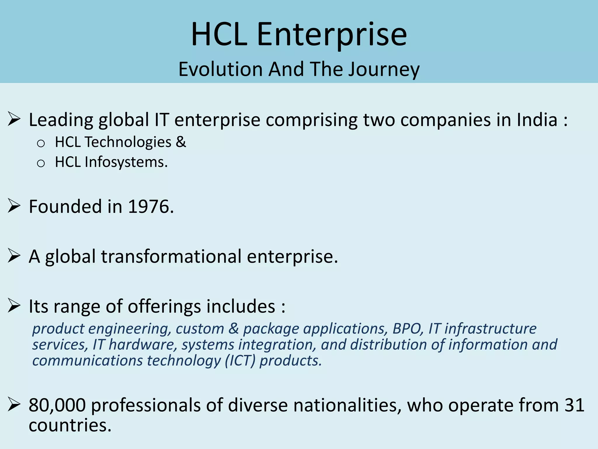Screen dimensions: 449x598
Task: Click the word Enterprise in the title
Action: coord(332,35)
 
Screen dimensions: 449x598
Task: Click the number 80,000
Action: coord(57,405)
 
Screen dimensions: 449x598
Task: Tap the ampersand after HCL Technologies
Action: coord(181,142)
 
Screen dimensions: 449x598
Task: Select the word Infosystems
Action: coord(126,162)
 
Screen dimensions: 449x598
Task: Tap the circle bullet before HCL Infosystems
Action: coord(41,163)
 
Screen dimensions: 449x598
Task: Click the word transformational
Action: coord(171,256)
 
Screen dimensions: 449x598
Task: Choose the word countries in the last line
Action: coord(70,425)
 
